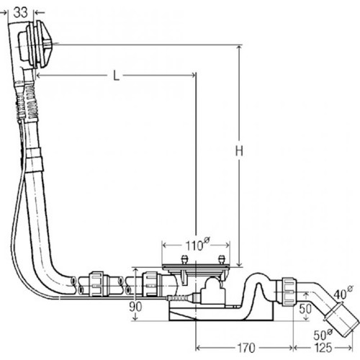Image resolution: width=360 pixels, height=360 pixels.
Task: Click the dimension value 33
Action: [20, 12]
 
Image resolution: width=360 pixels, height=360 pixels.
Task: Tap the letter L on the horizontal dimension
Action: [116, 76]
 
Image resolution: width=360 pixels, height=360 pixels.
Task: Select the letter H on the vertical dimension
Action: [239, 151]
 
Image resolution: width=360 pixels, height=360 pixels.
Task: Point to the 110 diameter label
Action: [198, 245]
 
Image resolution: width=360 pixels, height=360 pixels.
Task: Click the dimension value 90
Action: [135, 307]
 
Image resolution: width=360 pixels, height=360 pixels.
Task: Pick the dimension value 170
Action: [246, 348]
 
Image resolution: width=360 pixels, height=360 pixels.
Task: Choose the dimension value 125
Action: [323, 348]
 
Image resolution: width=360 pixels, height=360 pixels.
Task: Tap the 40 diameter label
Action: [343, 292]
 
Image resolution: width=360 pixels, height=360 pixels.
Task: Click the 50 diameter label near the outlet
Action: [323, 334]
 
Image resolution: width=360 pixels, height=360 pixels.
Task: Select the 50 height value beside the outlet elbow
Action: [305, 309]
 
